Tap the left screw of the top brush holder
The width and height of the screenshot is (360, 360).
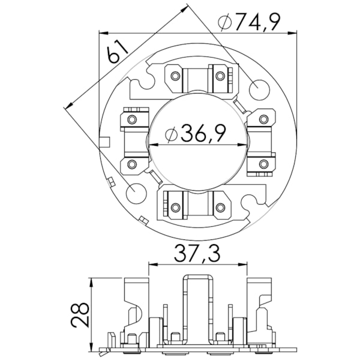click(x=175, y=76)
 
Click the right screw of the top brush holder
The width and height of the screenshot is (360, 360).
click(x=221, y=76)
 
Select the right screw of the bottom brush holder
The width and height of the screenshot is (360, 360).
click(x=220, y=208)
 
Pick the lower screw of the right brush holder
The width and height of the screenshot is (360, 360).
click(x=263, y=163)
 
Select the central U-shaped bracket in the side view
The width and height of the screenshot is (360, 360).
click(x=197, y=306)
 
